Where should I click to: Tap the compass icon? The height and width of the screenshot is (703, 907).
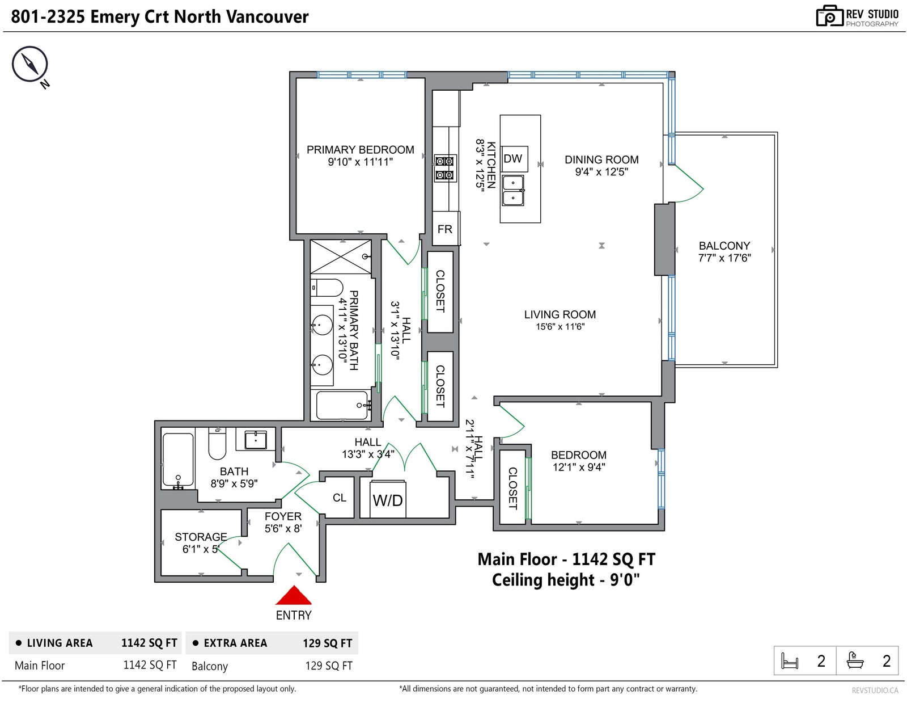coord(29,64)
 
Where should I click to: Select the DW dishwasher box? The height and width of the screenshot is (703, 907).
coord(514,159)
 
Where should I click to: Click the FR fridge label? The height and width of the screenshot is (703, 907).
coord(444,229)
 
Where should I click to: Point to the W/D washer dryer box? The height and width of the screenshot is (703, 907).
coord(388,499)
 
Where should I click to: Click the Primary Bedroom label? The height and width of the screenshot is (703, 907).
coord(360,150)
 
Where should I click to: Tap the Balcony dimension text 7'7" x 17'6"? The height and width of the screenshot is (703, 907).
coord(724,258)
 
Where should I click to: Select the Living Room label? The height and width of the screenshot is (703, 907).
coord(560,314)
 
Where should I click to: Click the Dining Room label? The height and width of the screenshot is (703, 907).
coord(601,159)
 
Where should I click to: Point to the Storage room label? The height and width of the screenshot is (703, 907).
coord(201,536)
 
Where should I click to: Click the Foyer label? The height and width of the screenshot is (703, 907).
coord(282,516)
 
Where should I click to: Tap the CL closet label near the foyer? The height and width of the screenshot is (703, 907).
coord(340,498)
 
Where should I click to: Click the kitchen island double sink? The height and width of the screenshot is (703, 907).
coord(513,191)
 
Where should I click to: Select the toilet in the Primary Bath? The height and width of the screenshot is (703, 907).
coord(327,288)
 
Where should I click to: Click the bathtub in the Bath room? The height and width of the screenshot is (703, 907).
coord(178,459)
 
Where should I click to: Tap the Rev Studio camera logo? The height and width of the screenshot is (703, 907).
coord(829,16)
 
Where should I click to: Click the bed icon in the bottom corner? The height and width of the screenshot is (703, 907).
coord(789,661)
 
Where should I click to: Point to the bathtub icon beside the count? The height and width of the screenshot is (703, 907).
coord(855,660)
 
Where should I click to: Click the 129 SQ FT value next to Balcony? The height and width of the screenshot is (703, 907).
coord(328,666)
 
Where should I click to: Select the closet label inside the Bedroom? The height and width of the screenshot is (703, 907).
coord(512,489)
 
